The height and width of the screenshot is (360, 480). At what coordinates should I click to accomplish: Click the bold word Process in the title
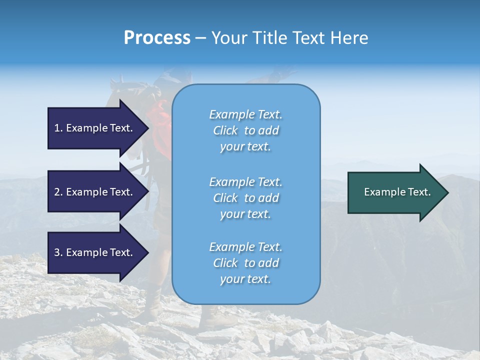157,38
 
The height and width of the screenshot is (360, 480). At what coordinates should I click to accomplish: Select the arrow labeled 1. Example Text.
95,128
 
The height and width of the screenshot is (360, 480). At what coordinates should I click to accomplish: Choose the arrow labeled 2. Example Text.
95,192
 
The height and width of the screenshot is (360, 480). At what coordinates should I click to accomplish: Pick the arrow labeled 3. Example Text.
95,252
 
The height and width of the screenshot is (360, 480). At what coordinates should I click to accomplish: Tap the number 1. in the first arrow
58,128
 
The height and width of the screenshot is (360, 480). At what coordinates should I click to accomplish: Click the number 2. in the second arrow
58,192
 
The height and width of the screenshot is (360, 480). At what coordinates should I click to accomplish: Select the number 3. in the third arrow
58,252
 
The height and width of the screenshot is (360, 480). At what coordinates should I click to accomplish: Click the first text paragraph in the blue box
245,130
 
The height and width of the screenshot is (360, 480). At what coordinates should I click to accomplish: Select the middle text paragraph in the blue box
245,198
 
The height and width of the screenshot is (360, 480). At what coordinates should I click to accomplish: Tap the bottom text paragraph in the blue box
245,263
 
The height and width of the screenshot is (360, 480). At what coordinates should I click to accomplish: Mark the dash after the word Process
201,38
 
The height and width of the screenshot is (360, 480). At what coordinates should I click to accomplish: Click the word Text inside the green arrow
419,192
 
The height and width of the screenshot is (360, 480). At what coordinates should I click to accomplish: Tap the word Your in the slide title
230,38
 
